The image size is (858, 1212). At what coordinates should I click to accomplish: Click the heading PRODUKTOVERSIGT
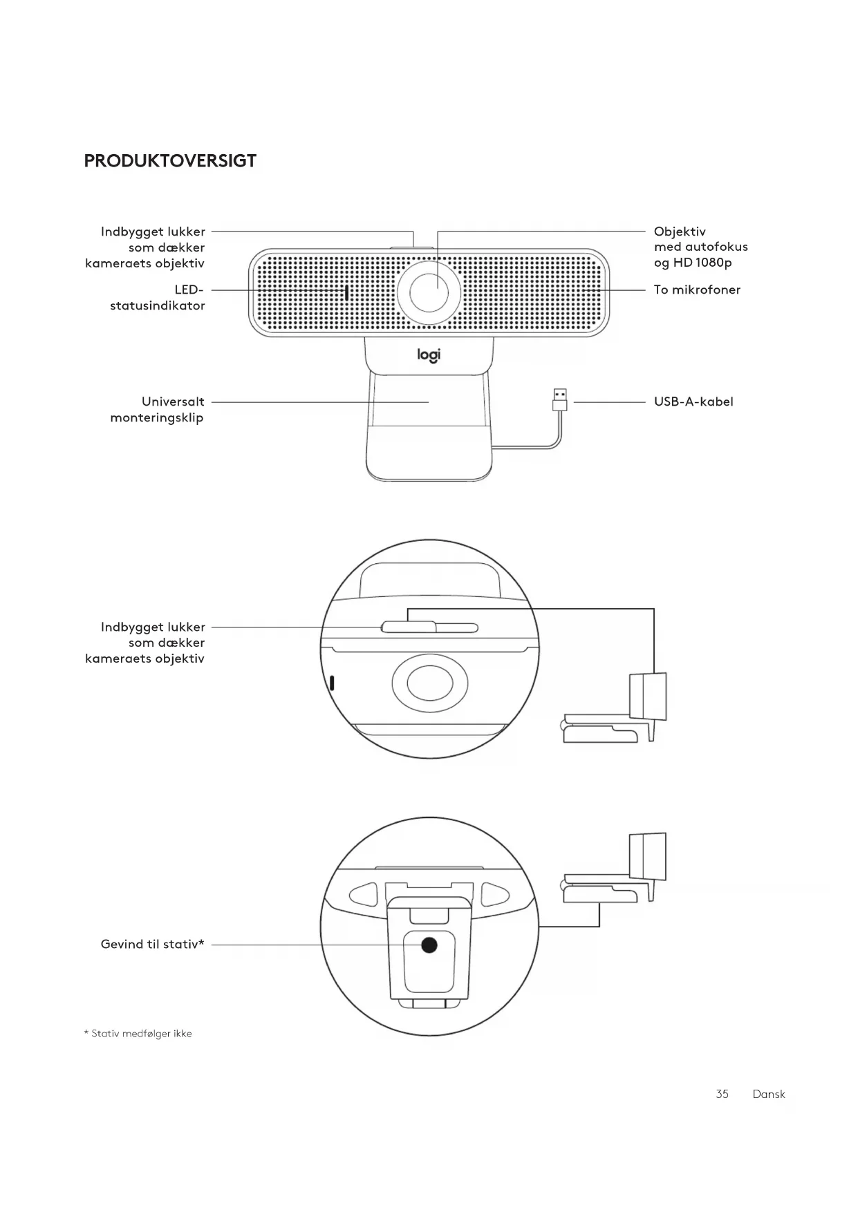point(170,161)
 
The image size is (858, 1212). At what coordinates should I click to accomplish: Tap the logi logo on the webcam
point(429,355)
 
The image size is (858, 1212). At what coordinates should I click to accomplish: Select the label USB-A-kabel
point(693,401)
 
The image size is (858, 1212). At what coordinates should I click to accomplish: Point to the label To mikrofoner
point(697,290)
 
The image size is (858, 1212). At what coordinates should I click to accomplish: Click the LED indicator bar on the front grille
point(346,293)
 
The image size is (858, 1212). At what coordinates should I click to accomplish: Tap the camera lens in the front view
point(429,293)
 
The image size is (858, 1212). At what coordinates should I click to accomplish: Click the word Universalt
point(173,401)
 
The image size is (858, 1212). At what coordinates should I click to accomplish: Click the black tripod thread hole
point(429,945)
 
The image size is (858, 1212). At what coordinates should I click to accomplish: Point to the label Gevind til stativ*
point(152,945)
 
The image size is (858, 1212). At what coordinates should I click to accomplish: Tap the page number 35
point(722,1094)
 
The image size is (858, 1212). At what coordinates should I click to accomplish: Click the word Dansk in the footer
point(769,1094)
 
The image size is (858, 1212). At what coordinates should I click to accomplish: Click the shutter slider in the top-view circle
point(409,627)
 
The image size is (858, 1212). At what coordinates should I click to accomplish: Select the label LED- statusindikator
point(158,298)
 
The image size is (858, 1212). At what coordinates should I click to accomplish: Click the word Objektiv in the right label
point(680,231)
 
